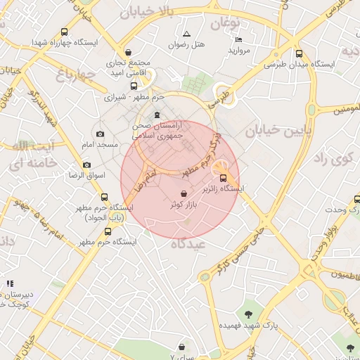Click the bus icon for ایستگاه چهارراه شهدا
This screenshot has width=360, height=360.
[x=65, y=32]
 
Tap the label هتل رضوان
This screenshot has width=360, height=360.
[x=186, y=45]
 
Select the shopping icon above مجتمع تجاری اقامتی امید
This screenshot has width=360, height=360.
[x=127, y=52]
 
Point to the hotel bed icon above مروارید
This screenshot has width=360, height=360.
[x=238, y=39]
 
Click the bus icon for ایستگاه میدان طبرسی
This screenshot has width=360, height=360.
[x=299, y=53]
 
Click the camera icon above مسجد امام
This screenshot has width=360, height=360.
[x=99, y=134]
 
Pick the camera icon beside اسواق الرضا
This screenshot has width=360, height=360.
[x=86, y=165]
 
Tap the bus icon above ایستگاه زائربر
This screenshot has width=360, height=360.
[x=224, y=178]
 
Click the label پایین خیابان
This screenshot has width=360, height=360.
[x=267, y=130]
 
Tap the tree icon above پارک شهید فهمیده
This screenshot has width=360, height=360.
[x=247, y=314]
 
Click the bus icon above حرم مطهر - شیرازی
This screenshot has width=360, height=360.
[x=134, y=86]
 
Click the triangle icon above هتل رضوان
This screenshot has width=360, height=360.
[x=186, y=34]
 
